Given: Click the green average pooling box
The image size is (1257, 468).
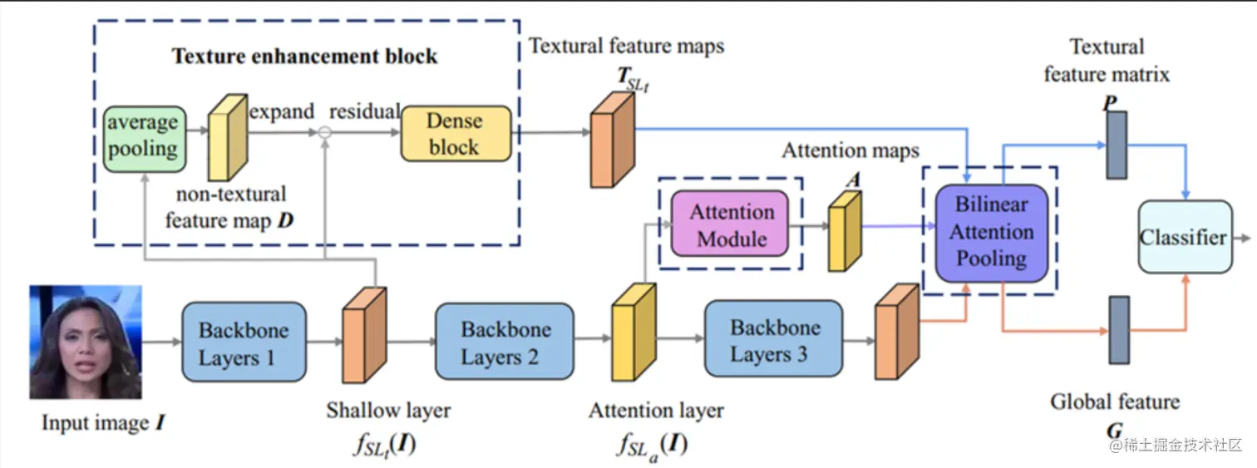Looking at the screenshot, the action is (145, 139).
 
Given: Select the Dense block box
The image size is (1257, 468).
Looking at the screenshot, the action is (456, 134).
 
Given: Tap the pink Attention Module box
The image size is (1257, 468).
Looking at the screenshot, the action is (730, 224).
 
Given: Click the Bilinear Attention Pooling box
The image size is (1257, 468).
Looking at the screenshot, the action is (992, 232).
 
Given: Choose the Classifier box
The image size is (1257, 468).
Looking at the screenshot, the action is (1186, 237).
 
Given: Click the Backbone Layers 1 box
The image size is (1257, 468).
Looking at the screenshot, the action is (244, 342).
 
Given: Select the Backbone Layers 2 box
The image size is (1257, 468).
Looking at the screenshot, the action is (505, 341).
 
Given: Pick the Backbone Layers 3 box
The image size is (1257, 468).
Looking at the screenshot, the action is (773, 338).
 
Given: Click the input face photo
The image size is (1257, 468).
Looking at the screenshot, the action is (86, 342).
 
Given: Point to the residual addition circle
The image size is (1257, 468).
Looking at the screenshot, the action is (325, 132).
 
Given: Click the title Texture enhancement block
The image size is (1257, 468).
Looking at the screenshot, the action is (305, 57).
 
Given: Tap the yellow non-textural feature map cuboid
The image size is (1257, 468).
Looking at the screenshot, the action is (228, 137).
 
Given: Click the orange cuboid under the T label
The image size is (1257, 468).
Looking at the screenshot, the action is (613, 140).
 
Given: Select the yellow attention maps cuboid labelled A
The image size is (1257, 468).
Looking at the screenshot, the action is (845, 231).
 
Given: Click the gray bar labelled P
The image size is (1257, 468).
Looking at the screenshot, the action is (1117, 145).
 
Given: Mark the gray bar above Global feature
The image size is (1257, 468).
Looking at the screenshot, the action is (1120, 331).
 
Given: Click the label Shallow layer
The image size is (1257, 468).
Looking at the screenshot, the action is (388, 411).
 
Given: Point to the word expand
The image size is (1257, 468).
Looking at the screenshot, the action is (282, 112).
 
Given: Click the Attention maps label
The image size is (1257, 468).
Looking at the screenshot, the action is (850, 150).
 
